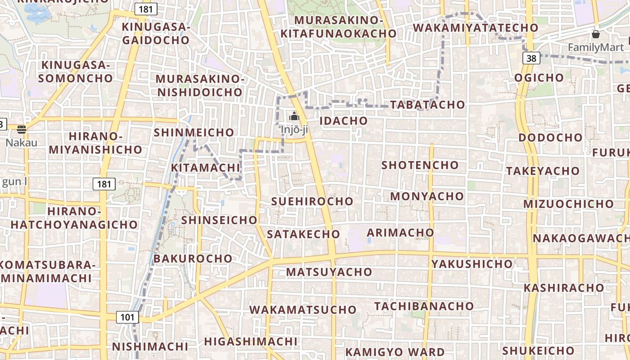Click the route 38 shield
[x=531, y=58]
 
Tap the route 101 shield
[x=127, y=317]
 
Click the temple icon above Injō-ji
[x=294, y=117]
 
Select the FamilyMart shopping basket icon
[x=595, y=34]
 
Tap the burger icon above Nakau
[x=22, y=130]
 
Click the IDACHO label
[x=343, y=121]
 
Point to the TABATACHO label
[x=427, y=104]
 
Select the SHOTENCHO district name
[x=420, y=165]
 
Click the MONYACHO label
[x=427, y=196]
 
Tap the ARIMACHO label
[x=400, y=233]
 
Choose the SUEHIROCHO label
[x=312, y=201]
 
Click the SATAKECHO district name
[x=303, y=234]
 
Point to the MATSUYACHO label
[x=329, y=272]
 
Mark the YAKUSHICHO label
[x=472, y=264]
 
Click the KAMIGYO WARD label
[x=395, y=351]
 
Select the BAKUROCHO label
[x=193, y=259]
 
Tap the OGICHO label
[x=539, y=77]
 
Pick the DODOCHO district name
[x=550, y=137]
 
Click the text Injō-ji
[x=294, y=130]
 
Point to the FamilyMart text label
[x=596, y=47]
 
